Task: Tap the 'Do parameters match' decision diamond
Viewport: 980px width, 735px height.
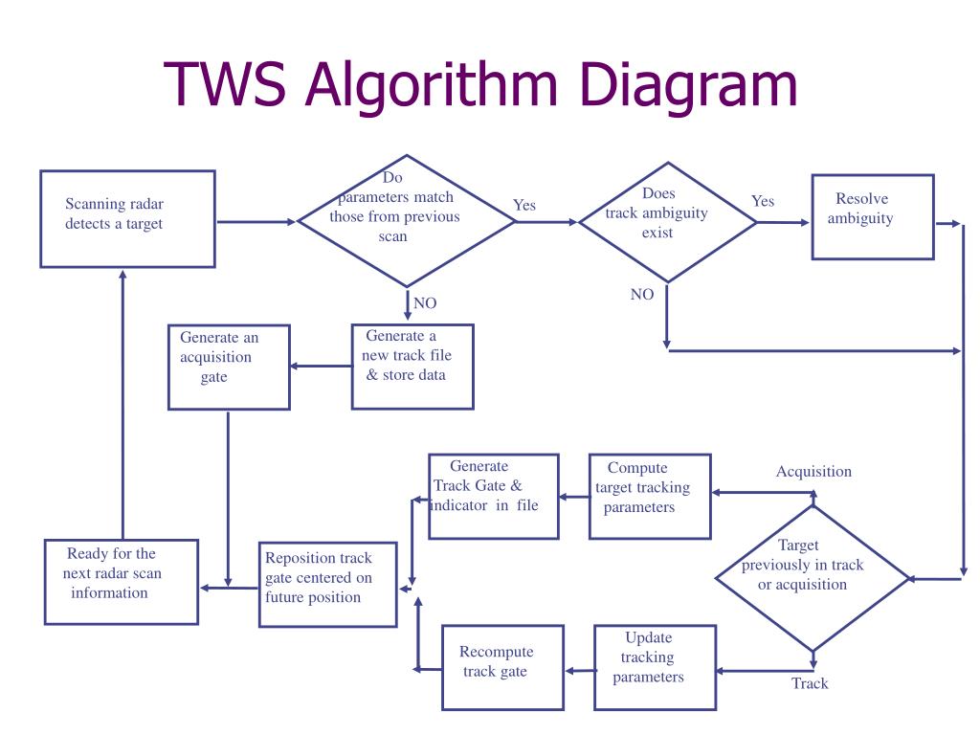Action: pyautogui.click(x=407, y=220)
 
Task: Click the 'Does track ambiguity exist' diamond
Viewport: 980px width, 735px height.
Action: pyautogui.click(x=667, y=221)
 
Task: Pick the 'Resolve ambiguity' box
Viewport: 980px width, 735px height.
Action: pyautogui.click(x=872, y=216)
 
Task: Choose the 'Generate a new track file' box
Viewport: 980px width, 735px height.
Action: pyautogui.click(x=412, y=366)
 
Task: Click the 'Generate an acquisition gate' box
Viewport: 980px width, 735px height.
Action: pyautogui.click(x=228, y=367)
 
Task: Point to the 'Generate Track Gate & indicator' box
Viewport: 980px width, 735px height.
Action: pyautogui.click(x=493, y=495)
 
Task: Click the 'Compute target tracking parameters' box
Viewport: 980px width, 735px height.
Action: pyautogui.click(x=649, y=495)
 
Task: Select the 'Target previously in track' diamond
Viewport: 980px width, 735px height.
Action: pyautogui.click(x=812, y=578)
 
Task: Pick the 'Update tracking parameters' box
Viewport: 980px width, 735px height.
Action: pyautogui.click(x=654, y=667)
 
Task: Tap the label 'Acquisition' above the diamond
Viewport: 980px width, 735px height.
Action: pyautogui.click(x=813, y=471)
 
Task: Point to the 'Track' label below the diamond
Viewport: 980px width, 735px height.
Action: pyautogui.click(x=810, y=683)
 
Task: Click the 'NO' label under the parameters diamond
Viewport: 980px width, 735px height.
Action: pyautogui.click(x=424, y=303)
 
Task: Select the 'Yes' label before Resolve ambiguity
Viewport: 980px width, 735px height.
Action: pyautogui.click(x=763, y=201)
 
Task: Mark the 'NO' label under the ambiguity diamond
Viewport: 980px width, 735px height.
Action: pyautogui.click(x=642, y=295)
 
